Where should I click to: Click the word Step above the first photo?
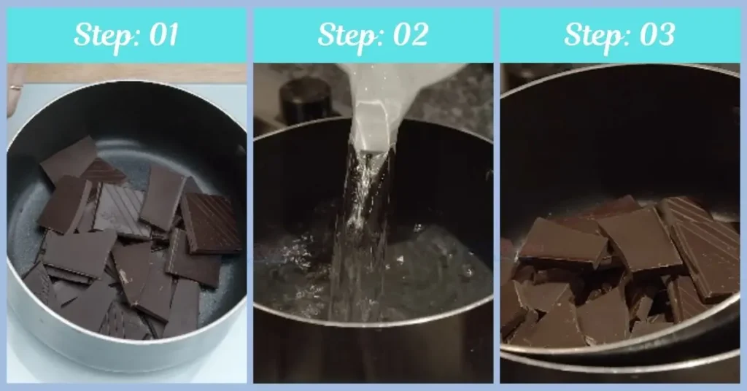(x=103, y=35)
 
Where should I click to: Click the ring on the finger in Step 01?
(x=15, y=87)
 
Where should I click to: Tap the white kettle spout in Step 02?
(x=372, y=124)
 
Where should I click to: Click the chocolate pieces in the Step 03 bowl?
(x=620, y=277)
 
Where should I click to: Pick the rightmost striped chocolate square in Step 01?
(x=211, y=222)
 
